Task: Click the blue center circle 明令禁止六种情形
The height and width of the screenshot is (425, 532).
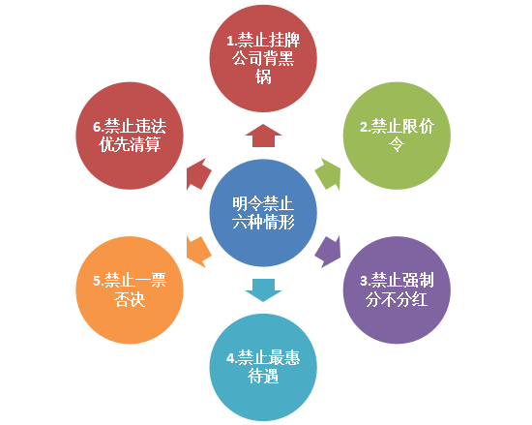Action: click(263, 213)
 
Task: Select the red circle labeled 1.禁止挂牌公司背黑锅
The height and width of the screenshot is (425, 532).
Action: click(263, 58)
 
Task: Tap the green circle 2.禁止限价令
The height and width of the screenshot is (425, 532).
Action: click(397, 136)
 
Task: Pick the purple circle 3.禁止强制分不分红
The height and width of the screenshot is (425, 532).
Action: click(397, 289)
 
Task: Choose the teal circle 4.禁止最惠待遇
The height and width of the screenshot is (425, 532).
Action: click(263, 367)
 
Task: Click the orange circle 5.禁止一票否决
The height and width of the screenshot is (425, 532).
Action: click(130, 289)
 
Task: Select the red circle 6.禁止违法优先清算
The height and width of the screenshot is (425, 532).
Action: click(130, 136)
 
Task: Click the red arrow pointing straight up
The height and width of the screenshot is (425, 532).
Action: click(263, 136)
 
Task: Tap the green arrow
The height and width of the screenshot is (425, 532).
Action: click(329, 174)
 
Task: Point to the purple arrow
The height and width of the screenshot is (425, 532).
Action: click(329, 252)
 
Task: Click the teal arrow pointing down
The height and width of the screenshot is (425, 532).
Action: click(263, 290)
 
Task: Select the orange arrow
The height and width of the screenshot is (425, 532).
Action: click(198, 252)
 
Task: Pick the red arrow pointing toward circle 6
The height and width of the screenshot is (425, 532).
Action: click(198, 174)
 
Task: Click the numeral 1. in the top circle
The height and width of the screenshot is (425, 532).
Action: click(231, 41)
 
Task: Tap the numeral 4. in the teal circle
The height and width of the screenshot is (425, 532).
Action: click(231, 358)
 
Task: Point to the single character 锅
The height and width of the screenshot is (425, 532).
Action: click(263, 76)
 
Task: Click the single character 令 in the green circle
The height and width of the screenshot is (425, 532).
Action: click(397, 144)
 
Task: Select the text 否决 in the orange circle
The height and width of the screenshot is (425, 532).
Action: click(130, 299)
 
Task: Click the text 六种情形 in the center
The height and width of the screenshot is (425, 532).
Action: click(263, 223)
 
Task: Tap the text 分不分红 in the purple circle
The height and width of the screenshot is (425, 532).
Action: click(397, 299)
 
